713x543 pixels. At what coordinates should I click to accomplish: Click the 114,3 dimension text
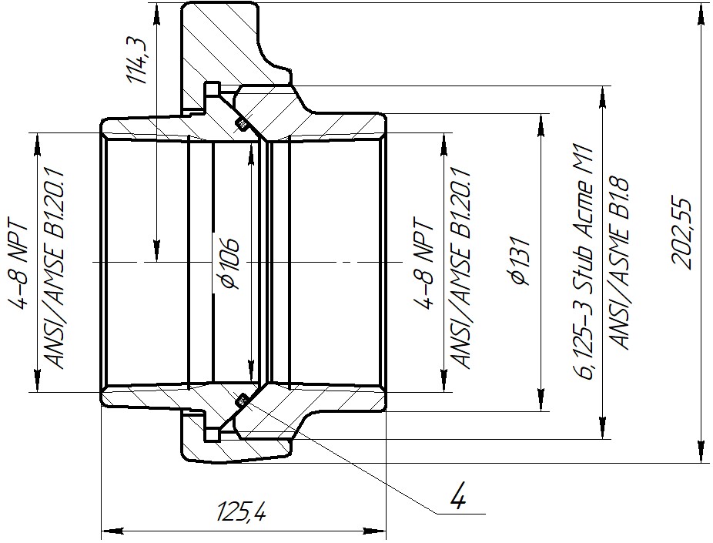click(137, 62)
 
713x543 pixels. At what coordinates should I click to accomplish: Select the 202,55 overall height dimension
click(681, 233)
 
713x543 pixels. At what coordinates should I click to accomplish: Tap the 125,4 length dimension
click(241, 511)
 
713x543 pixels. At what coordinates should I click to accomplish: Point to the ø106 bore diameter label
click(229, 263)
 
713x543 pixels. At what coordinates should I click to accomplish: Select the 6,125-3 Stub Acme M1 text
click(584, 263)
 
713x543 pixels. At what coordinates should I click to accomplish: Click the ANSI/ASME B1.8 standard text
click(619, 263)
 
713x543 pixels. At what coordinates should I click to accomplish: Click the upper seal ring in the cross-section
click(241, 122)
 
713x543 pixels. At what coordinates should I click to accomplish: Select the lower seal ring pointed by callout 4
click(241, 401)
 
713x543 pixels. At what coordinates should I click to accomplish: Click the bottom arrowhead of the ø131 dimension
click(541, 400)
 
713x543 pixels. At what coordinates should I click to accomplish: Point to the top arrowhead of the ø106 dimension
click(250, 156)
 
